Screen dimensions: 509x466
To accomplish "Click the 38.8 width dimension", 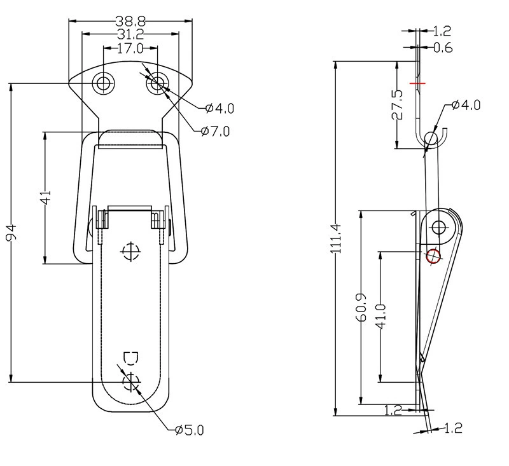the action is (x=130, y=22).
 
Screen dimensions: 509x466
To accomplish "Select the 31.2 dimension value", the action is (x=130, y=34).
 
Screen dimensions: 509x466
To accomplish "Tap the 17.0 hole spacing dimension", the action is (x=130, y=49).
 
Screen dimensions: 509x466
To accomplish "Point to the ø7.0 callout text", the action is (x=215, y=132).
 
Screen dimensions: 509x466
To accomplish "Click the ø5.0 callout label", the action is (x=189, y=430).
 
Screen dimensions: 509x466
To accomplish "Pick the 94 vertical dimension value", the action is (x=11, y=233).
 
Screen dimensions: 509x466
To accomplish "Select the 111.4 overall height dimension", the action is (x=336, y=238).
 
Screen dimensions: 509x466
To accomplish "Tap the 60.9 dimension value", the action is (x=361, y=308).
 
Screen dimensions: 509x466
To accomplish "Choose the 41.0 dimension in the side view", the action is (x=380, y=317).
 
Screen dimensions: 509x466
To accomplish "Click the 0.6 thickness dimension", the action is (x=443, y=48).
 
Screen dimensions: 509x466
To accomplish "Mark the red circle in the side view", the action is (x=433, y=256).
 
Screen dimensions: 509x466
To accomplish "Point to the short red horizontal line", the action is (x=417, y=83).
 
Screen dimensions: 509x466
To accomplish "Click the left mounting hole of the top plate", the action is (x=104, y=83).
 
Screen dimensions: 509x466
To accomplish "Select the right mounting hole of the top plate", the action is (x=157, y=83).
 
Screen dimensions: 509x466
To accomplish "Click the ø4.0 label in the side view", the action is (x=466, y=105).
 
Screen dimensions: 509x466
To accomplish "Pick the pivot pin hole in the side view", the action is (x=438, y=227).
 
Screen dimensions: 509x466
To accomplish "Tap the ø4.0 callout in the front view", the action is (x=220, y=108).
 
